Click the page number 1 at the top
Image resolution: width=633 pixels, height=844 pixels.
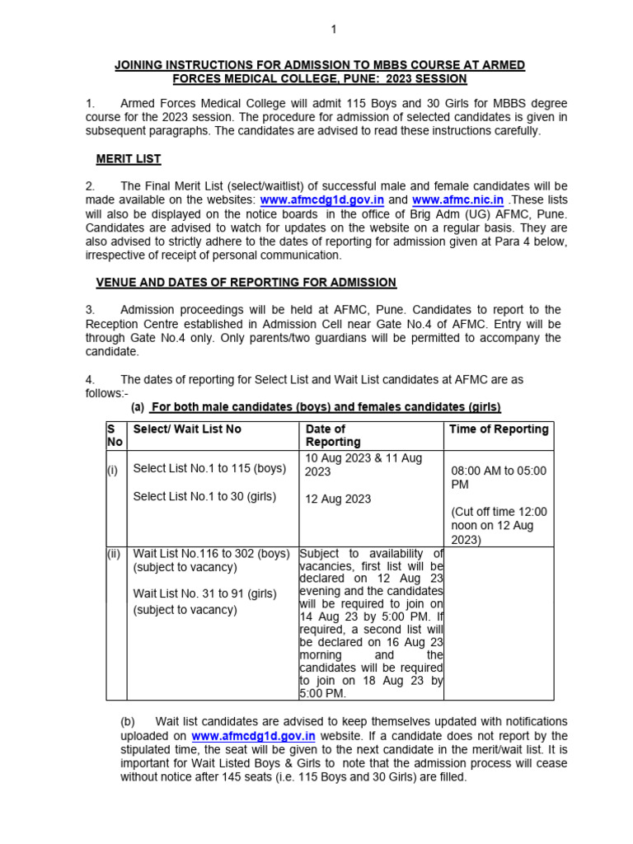(334, 30)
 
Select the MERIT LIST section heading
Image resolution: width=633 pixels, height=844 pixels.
(129, 158)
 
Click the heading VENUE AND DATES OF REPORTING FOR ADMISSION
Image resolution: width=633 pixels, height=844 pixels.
(246, 282)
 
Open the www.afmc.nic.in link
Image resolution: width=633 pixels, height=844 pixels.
(458, 199)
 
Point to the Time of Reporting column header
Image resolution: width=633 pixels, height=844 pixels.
(498, 429)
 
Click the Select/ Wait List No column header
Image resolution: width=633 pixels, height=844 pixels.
(187, 429)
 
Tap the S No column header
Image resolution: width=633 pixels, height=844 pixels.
(113, 435)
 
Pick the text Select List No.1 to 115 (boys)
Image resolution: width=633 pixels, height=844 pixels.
(209, 468)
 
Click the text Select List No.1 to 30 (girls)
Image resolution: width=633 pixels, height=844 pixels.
(206, 496)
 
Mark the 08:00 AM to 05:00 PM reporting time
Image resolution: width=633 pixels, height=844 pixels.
(498, 478)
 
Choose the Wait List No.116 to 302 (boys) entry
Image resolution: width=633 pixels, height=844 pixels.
(211, 554)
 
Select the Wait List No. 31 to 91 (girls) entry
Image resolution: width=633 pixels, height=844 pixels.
(204, 593)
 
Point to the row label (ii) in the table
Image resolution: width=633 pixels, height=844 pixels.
(113, 554)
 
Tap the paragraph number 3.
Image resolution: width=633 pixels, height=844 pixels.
(91, 310)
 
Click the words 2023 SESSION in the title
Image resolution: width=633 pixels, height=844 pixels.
(420, 79)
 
